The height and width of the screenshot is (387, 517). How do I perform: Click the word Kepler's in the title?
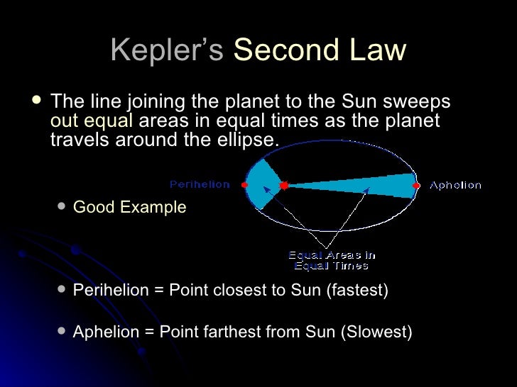pyautogui.click(x=168, y=50)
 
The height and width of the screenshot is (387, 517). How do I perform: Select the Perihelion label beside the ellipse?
pyautogui.click(x=200, y=184)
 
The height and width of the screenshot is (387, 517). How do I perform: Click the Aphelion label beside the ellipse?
pyautogui.click(x=455, y=185)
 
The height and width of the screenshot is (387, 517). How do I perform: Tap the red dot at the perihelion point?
pyautogui.click(x=245, y=184)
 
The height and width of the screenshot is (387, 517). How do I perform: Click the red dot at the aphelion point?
pyautogui.click(x=417, y=185)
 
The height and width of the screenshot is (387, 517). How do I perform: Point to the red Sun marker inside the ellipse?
pyautogui.click(x=283, y=185)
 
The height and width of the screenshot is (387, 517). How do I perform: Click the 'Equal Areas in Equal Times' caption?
pyautogui.click(x=332, y=260)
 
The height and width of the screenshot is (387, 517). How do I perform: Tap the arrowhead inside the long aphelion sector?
pyautogui.click(x=367, y=190)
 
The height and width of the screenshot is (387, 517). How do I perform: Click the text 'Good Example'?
pyautogui.click(x=129, y=208)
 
